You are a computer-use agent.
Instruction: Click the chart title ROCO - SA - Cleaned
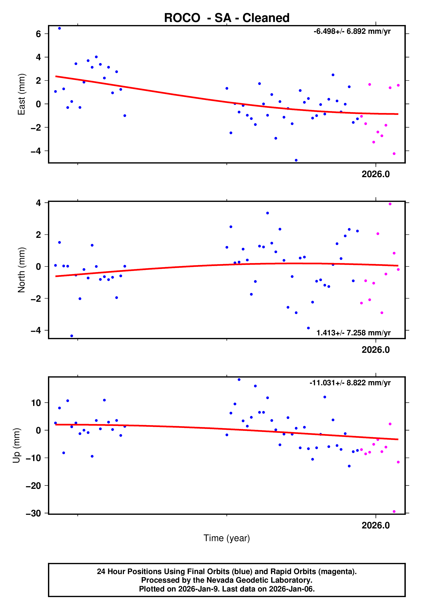[x=227, y=18]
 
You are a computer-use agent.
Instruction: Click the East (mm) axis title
[x=22, y=94]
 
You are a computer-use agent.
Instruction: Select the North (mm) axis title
[x=22, y=270]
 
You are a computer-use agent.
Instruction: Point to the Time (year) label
[x=227, y=538]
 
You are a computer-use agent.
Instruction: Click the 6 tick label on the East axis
[x=38, y=34]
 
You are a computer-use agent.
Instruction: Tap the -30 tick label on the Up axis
[x=33, y=513]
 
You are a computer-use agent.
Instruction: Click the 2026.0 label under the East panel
[x=376, y=174]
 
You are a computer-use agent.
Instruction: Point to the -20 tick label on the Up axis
[x=33, y=486]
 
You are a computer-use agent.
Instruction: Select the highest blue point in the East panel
[x=60, y=28]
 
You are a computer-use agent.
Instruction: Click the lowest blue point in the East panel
[x=296, y=160]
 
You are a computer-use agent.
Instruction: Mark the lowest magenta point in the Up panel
[x=394, y=511]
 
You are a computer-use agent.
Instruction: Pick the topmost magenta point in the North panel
[x=390, y=204]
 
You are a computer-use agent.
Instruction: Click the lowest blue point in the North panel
[x=72, y=336]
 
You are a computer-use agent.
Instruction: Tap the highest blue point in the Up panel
[x=239, y=380]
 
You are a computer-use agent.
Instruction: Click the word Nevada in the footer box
[x=219, y=580]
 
